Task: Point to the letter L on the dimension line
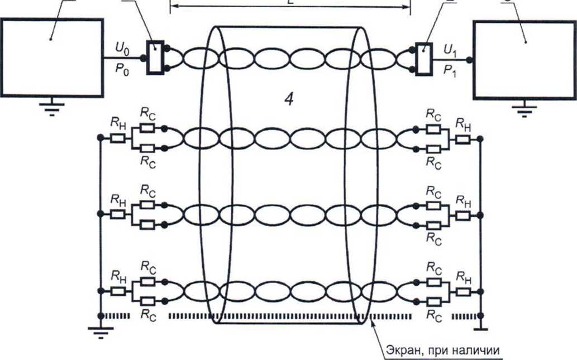pos(290,2)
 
